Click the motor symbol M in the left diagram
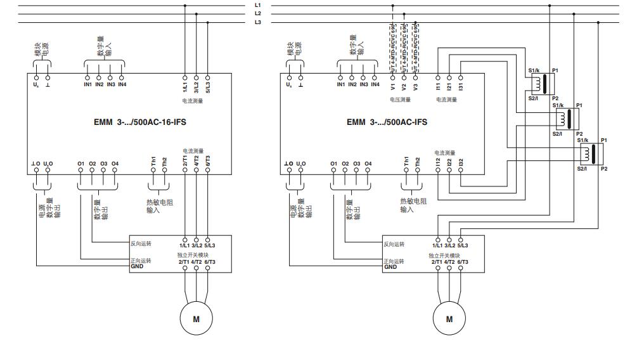pos(197,319)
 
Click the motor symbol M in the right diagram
pos(449,319)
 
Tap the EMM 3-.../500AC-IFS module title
pos(387,122)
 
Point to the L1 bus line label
pos(258,5)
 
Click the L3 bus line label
pos(258,22)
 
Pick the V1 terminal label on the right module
pos(393,86)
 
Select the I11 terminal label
pos(438,86)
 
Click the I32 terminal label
pos(461,163)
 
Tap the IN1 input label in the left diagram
pos(87,84)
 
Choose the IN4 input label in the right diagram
pos(375,84)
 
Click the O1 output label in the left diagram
pos(81,164)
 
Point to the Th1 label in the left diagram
pos(153,162)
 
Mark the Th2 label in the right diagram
pos(417,162)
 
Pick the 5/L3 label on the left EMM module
pos(208,85)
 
